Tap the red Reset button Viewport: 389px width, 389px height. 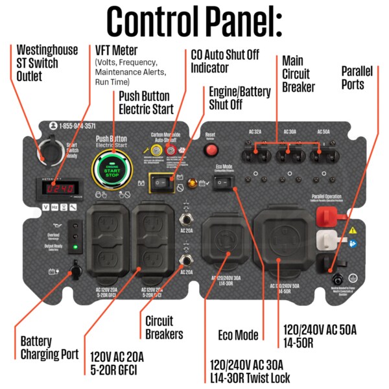pos(211,150)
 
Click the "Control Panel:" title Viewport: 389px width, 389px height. pos(194,21)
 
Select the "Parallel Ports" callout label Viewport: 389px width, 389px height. pos(361,77)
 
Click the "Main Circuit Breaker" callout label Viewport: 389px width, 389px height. pos(298,73)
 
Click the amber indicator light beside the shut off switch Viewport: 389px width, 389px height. pos(192,183)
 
